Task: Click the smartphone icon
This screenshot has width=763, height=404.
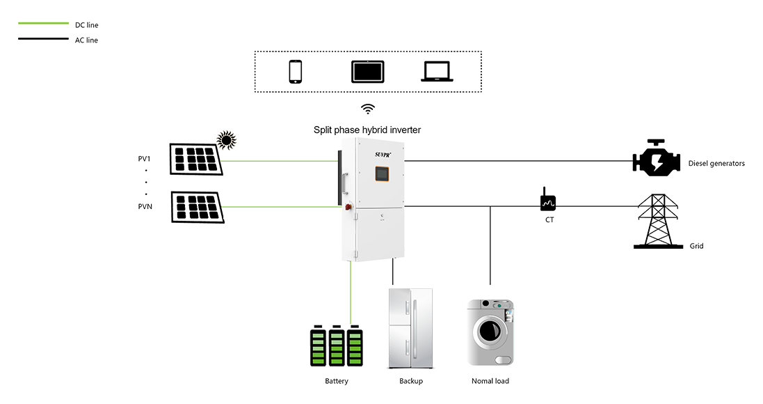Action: (296, 72)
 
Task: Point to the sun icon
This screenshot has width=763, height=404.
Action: (226, 140)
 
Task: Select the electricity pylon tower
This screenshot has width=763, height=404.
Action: (654, 218)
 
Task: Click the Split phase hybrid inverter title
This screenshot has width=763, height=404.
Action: (367, 130)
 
